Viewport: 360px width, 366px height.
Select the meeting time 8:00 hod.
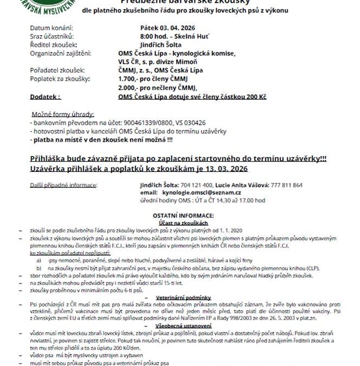(153, 35)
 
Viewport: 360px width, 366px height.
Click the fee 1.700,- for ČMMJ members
(128, 79)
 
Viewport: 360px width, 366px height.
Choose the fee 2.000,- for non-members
(128, 87)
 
